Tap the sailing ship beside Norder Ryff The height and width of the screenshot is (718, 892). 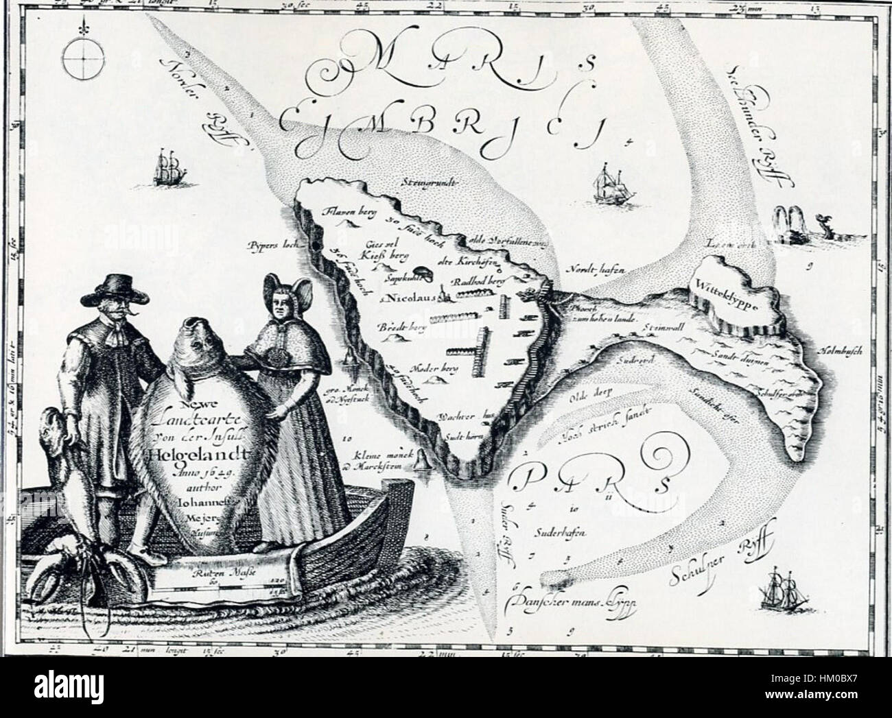point(169,168)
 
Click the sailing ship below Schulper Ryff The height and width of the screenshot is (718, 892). point(783,586)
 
